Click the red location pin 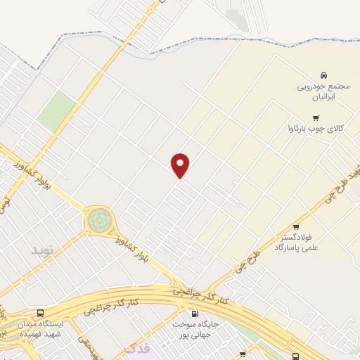pyautogui.click(x=181, y=165)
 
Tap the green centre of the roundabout pyautogui.click(x=98, y=220)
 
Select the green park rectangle pyautogui.click(x=56, y=112)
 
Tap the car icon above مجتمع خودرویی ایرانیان pyautogui.click(x=323, y=75)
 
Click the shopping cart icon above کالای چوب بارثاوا pyautogui.click(x=316, y=117)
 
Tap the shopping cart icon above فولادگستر pyautogui.click(x=296, y=227)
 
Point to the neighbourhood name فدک pyautogui.click(x=137, y=348)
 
